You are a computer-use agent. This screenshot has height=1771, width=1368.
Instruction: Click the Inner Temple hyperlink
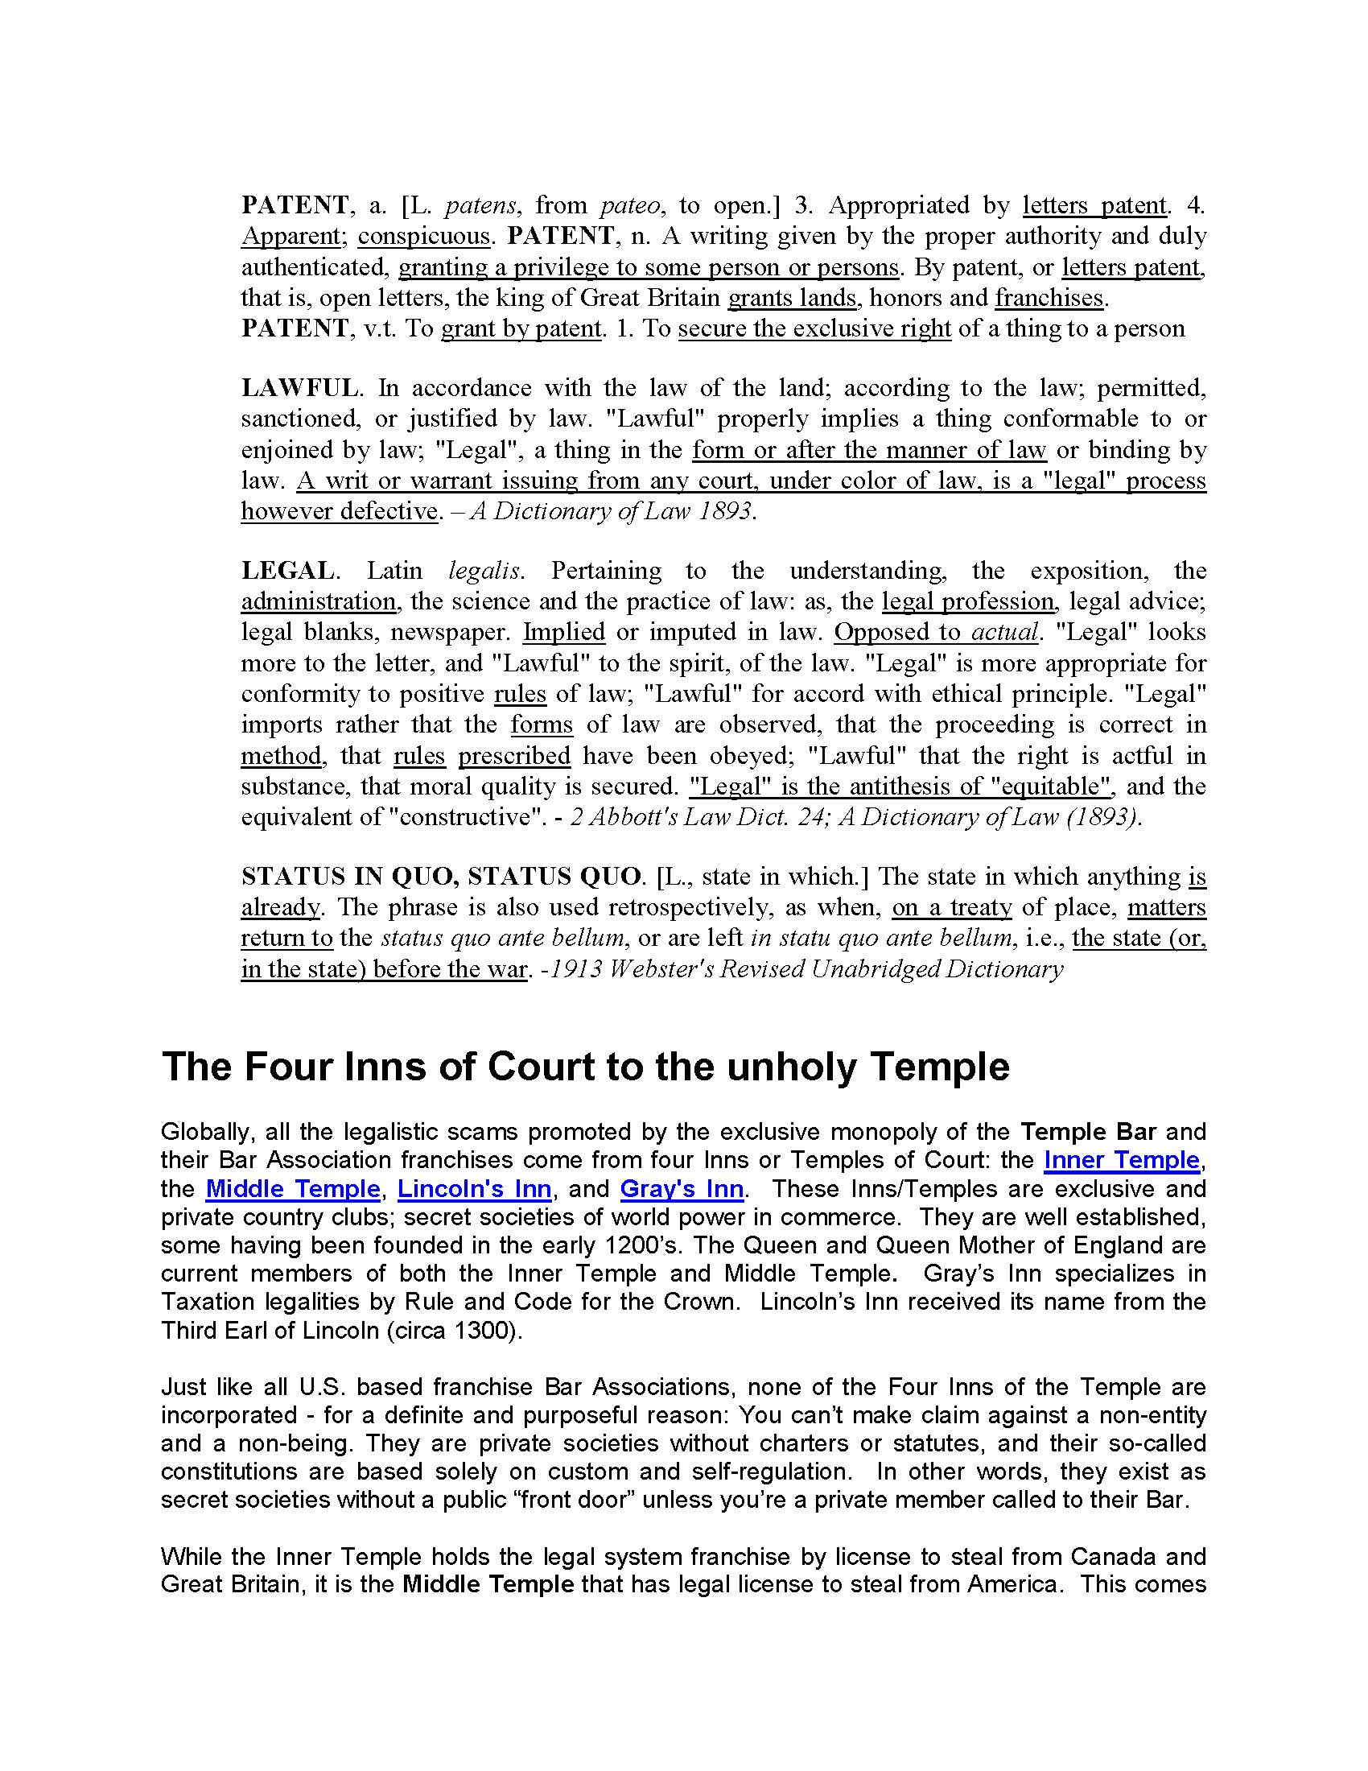1121,1160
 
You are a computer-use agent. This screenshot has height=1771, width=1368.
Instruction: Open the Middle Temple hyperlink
293,1189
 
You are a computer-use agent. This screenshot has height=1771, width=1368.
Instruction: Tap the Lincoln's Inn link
474,1189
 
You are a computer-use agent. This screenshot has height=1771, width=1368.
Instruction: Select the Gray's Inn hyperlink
682,1189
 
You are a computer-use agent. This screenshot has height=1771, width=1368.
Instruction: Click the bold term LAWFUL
299,388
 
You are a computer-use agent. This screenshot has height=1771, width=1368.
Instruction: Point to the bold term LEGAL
287,571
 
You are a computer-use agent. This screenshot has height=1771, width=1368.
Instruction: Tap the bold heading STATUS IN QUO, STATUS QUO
441,877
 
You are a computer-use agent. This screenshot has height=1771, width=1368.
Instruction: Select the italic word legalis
484,571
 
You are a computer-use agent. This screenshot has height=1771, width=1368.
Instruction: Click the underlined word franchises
1049,298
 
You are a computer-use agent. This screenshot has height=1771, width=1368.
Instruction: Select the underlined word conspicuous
424,236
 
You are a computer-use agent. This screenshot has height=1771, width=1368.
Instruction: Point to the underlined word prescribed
514,756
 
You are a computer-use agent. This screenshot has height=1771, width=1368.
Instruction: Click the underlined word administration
319,601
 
